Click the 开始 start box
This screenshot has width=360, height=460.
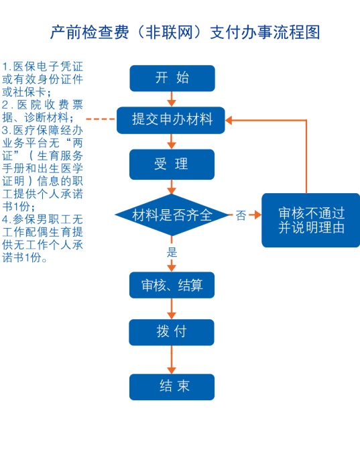pyautogui.click(x=172, y=78)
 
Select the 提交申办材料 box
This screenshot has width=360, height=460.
pyautogui.click(x=171, y=120)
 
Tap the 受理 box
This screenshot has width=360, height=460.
pyautogui.click(x=172, y=164)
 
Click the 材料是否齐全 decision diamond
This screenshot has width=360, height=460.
pyautogui.click(x=172, y=215)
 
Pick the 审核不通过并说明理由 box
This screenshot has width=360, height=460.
pyautogui.click(x=310, y=220)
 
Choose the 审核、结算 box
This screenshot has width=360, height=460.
pyautogui.click(x=172, y=285)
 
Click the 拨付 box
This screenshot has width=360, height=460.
pyautogui.click(x=172, y=332)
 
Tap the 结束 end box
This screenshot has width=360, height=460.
pyautogui.click(x=172, y=387)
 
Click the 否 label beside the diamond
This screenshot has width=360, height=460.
pyautogui.click(x=241, y=215)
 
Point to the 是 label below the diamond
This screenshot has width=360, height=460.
pyautogui.click(x=172, y=252)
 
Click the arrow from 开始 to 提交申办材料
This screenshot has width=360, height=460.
pyautogui.click(x=172, y=99)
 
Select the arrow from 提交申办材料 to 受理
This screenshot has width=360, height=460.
pyautogui.click(x=172, y=141)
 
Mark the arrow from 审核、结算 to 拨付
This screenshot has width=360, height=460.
pyautogui.click(x=172, y=308)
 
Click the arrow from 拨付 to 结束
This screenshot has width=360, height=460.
pyautogui.click(x=172, y=359)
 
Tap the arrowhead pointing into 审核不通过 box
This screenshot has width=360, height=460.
pyautogui.click(x=257, y=215)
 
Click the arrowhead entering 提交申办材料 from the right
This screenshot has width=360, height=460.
pyautogui.click(x=229, y=120)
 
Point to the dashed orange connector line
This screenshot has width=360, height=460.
pyautogui.click(x=101, y=119)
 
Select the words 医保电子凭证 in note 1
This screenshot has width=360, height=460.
pyautogui.click(x=48, y=66)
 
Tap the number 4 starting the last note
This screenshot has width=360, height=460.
pyautogui.click(x=5, y=219)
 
